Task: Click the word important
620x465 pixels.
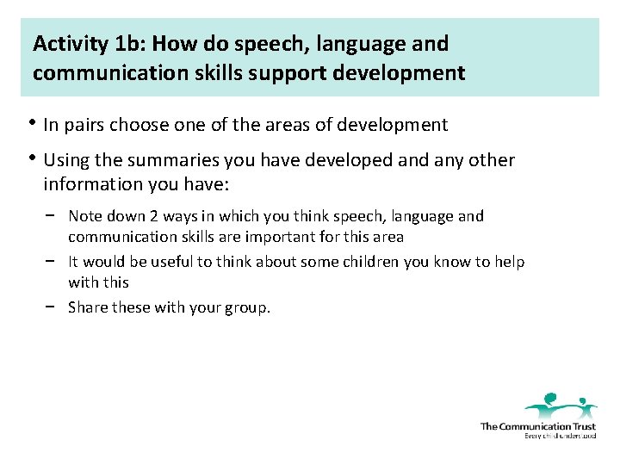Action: [281, 237]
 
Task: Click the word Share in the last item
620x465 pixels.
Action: [88, 307]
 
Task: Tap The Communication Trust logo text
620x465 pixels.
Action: [537, 426]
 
